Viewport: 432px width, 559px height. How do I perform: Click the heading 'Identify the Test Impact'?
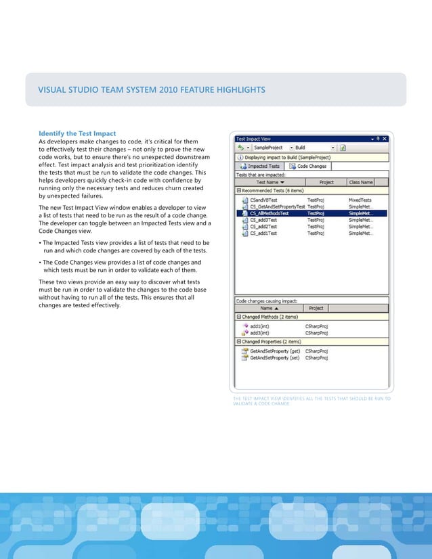pyautogui.click(x=77, y=133)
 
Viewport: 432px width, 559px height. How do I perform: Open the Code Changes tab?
pyautogui.click(x=308, y=166)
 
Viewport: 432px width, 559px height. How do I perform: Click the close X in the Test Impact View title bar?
pyautogui.click(x=385, y=136)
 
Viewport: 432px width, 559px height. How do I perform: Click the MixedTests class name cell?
pyautogui.click(x=363, y=200)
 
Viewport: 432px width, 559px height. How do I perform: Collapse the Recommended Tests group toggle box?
pyautogui.click(x=239, y=191)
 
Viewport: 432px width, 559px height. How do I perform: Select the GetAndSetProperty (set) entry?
pyautogui.click(x=274, y=357)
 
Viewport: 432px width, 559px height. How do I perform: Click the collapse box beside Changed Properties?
pyautogui.click(x=239, y=342)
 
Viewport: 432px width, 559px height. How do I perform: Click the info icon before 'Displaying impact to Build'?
pyautogui.click(x=239, y=156)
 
